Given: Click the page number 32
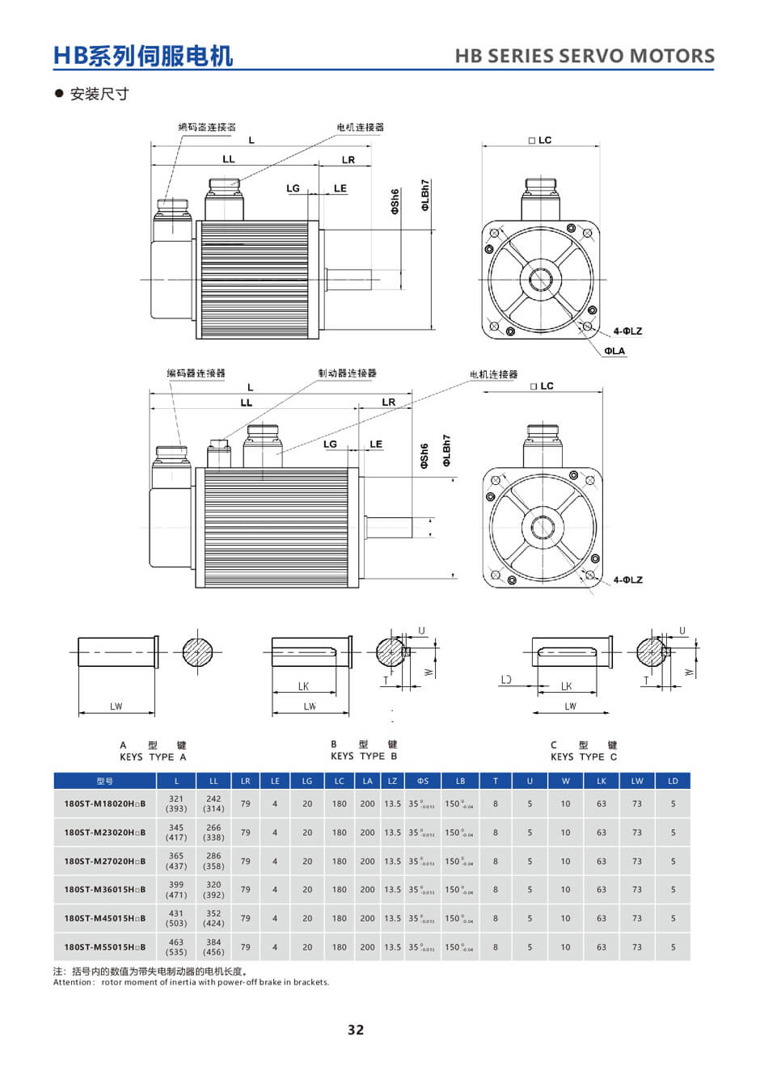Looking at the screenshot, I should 356,1030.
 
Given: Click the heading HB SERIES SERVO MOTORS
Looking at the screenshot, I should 585,56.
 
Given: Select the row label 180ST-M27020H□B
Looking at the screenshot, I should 105,861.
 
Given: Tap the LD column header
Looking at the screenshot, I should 673,781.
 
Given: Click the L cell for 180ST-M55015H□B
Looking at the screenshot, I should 176,946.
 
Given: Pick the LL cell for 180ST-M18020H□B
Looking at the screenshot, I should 213,803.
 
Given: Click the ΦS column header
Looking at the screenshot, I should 423,781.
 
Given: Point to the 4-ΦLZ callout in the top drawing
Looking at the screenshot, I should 627,331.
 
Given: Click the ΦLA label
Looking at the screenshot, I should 614,351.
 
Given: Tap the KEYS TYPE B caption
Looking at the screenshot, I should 364,757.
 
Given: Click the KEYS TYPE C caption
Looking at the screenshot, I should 584,757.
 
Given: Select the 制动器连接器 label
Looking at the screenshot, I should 347,373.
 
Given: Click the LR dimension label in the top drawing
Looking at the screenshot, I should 348,160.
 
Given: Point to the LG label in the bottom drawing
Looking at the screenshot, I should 330,444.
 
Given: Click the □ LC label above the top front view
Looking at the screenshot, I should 540,141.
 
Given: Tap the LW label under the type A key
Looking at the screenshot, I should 116,706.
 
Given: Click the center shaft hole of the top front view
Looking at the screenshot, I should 541,280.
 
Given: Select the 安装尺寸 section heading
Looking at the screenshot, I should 99,94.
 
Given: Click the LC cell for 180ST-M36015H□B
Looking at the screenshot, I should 339,889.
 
